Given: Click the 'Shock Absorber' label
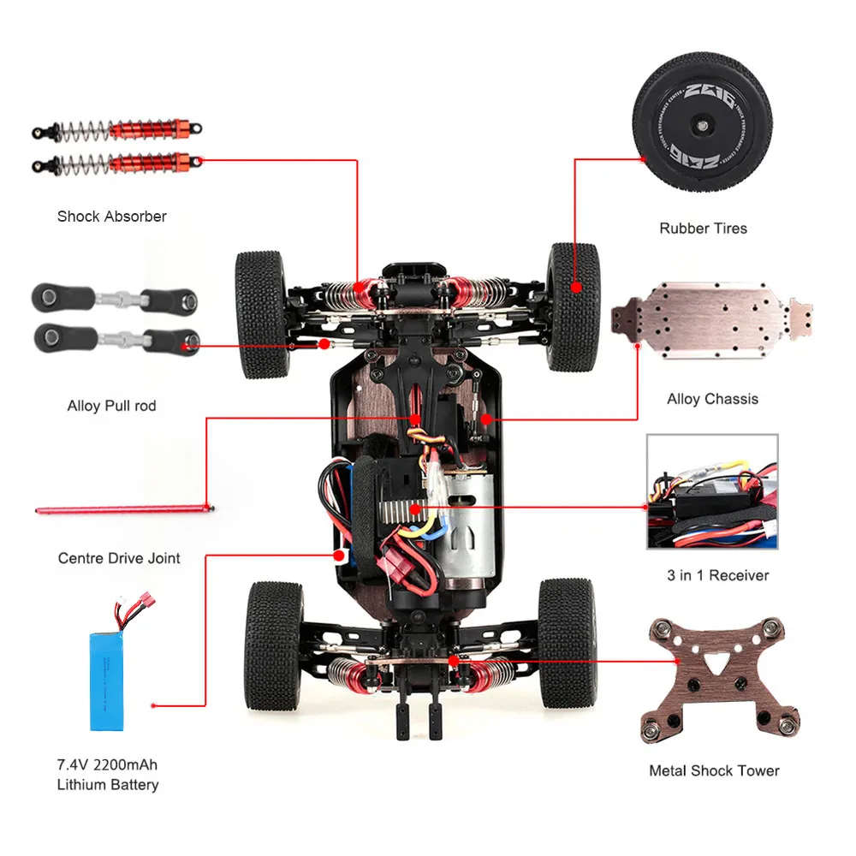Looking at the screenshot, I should [111, 217].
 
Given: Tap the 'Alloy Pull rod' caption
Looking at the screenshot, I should [111, 406].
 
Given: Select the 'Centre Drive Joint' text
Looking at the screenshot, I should [119, 558].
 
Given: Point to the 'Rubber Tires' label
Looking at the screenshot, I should [703, 229].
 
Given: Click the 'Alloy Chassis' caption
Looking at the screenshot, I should [712, 399].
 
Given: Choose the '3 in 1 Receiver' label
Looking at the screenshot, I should [717, 575].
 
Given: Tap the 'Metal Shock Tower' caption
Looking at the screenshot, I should [714, 771].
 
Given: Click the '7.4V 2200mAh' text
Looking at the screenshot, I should [108, 764].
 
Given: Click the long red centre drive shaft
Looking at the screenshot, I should [124, 511].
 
